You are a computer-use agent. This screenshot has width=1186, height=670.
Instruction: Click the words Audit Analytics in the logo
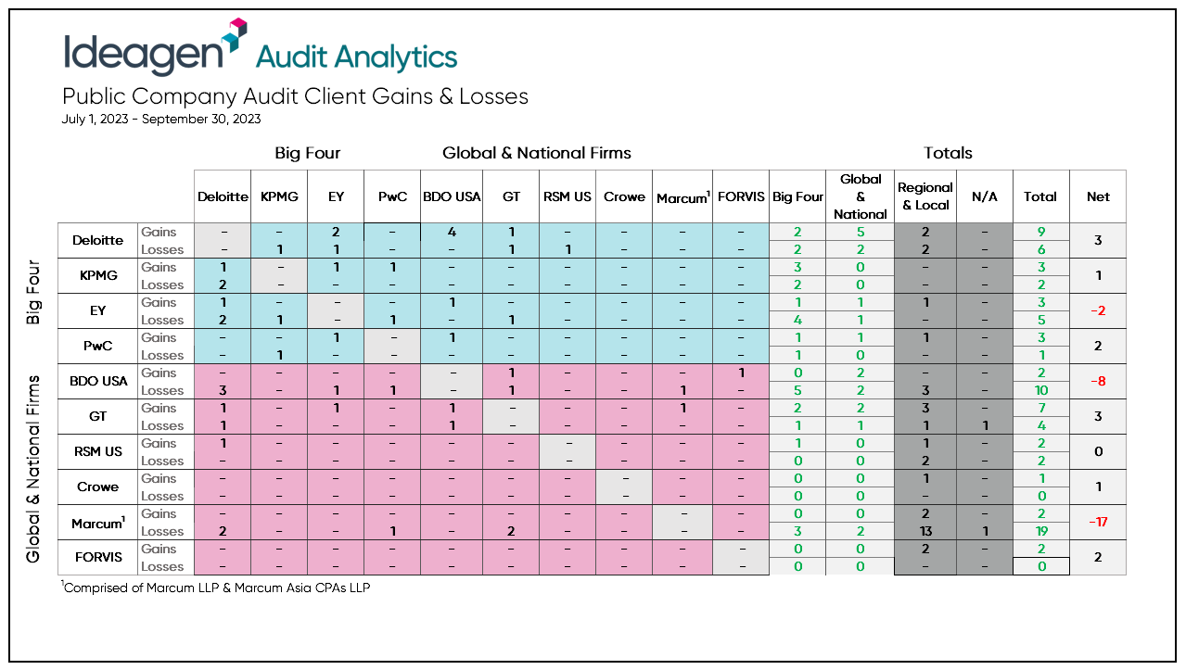click(356, 57)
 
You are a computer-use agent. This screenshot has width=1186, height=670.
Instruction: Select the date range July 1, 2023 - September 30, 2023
click(161, 119)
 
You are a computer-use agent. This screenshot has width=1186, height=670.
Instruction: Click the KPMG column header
click(279, 196)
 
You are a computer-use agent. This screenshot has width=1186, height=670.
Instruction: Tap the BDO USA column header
click(451, 196)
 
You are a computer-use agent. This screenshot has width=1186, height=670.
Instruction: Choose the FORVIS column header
click(741, 196)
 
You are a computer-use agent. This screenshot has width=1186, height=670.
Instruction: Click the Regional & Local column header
click(925, 196)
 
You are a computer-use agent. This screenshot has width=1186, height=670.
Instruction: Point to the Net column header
click(1098, 196)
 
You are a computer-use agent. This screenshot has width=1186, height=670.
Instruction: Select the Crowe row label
click(98, 487)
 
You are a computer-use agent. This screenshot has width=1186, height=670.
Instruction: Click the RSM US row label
click(98, 451)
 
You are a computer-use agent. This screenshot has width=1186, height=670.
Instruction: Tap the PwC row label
click(98, 346)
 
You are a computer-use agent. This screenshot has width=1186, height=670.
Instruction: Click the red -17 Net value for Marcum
click(1098, 522)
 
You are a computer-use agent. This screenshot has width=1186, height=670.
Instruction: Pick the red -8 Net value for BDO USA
click(1098, 381)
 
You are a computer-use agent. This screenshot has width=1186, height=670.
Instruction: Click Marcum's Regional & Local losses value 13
click(925, 531)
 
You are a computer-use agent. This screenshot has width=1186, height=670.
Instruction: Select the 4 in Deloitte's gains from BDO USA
click(451, 232)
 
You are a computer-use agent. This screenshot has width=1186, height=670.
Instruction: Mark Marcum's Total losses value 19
click(1040, 531)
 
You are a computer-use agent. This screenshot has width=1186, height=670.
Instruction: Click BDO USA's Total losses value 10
click(1040, 390)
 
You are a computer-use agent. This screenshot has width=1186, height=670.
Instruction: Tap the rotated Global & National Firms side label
click(33, 469)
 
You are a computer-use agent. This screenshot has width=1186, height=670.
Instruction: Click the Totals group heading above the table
click(948, 153)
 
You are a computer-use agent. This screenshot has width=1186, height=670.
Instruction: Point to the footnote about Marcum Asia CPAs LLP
click(216, 588)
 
